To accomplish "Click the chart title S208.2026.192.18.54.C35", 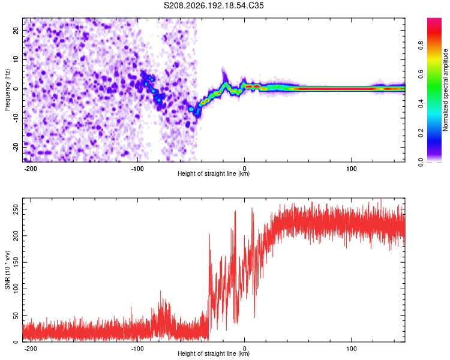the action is (214, 5).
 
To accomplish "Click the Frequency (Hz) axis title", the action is (7, 90).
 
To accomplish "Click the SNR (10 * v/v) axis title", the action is (7, 270).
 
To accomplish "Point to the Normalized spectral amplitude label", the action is (445, 90).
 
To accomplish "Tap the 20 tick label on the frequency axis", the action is (16, 31).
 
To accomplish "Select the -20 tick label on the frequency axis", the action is (16, 148).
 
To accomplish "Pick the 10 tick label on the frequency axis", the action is (16, 60).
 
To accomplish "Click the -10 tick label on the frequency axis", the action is (16, 118).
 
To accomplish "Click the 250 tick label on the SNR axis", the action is (16, 209).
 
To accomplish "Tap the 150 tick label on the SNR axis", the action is (16, 262).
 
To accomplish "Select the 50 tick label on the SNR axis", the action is (16, 316).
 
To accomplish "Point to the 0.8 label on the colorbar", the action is (421, 46).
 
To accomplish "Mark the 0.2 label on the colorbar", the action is (421, 133).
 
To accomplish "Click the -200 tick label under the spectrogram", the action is (30, 169).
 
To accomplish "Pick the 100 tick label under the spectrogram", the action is (352, 169).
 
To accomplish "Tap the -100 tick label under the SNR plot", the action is (137, 349).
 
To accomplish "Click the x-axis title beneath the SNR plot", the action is (214, 353).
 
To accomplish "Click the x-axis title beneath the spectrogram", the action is (214, 173).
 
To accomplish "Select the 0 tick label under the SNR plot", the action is (245, 349).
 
